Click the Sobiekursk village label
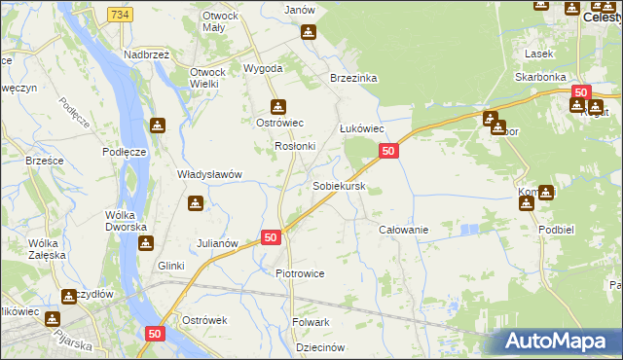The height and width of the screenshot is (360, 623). (338, 185)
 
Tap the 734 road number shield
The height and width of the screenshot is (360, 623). (121, 15)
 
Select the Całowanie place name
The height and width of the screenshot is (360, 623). (403, 229)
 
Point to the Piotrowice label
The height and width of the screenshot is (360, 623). (300, 273)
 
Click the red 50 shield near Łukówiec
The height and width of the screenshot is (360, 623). (388, 151)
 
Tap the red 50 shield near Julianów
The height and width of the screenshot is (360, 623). (271, 237)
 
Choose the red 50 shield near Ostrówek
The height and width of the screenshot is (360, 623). (155, 334)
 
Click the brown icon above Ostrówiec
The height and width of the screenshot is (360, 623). (279, 106)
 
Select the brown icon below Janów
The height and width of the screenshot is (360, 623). (309, 32)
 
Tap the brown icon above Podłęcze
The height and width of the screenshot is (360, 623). (158, 126)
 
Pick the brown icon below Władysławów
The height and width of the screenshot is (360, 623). (196, 203)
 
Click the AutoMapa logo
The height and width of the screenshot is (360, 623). (557, 342)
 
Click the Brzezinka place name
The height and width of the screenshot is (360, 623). (353, 78)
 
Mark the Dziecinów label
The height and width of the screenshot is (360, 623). (319, 347)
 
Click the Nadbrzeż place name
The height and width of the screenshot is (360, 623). (147, 55)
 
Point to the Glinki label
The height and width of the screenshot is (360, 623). (171, 265)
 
